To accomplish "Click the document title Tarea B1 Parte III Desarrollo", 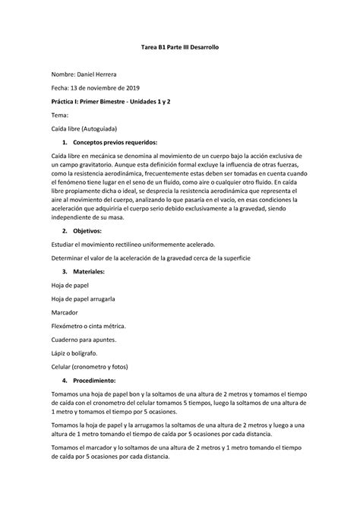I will (x=180, y=48).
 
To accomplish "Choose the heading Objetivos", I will (x=96, y=230).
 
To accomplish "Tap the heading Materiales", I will (x=99, y=271).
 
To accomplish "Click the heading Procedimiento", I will (x=105, y=380).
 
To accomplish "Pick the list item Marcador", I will (x=66, y=311).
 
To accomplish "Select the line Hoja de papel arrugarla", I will (x=84, y=299).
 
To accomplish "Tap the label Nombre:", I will (x=61, y=74).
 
